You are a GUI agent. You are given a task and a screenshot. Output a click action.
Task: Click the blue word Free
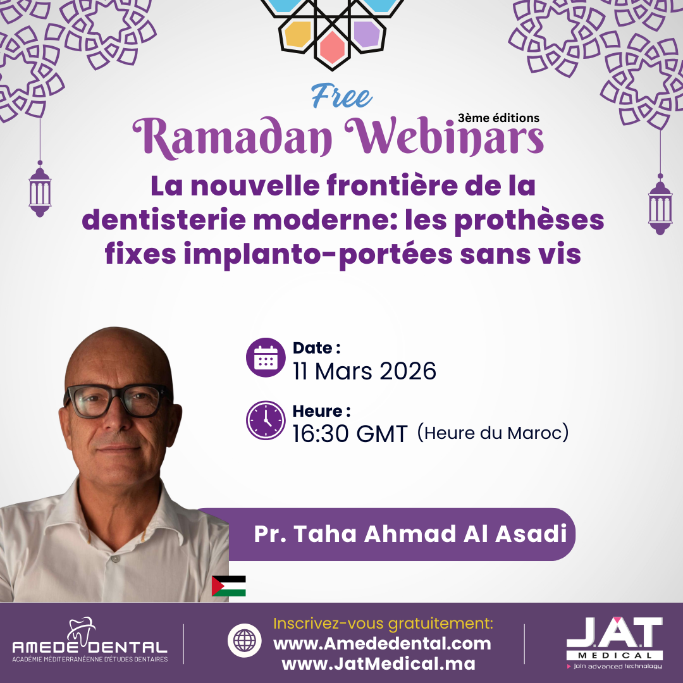coord(341,96)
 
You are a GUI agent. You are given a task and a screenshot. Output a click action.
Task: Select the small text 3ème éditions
coord(498,118)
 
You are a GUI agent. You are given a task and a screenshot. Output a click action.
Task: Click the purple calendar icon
coord(266,357)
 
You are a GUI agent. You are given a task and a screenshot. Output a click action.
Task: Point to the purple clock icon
coord(266,421)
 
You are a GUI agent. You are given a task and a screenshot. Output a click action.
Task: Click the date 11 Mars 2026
coord(365,371)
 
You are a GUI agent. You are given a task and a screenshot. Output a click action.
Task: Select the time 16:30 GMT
coord(350,434)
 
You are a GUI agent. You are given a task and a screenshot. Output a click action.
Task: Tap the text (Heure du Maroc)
coord(493,433)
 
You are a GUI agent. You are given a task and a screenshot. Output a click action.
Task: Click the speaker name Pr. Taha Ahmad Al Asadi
coord(410,534)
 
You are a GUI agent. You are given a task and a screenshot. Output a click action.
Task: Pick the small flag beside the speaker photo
coord(229,586)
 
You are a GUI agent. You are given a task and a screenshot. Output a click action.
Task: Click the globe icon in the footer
coord(244,641)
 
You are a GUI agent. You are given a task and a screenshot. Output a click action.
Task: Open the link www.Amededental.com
coord(382,644)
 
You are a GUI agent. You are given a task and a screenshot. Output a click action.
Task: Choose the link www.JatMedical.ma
coord(379,664)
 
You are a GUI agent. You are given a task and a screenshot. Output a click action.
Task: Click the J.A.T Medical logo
coord(615,643)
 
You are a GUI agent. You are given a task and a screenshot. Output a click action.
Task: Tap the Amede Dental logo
coord(90,640)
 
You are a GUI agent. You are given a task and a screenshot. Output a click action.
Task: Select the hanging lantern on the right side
coord(660,204)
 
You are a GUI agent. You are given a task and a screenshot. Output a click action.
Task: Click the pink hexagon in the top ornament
coord(333,47)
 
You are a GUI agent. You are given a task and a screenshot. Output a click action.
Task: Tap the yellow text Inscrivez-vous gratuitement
coord(383,624)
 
